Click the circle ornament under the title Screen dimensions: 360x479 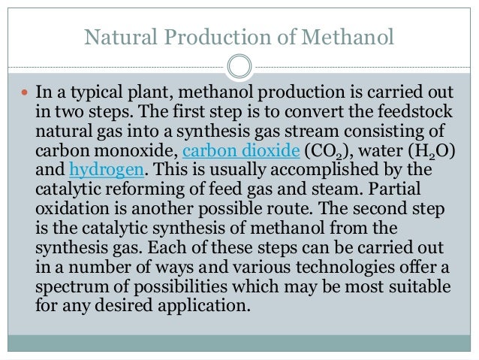pos(239,66)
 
